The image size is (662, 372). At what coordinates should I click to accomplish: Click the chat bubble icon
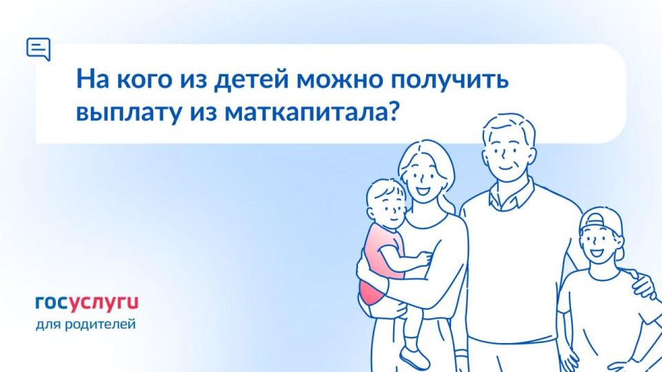(38, 49)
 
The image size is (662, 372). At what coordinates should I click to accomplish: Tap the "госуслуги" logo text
(87, 302)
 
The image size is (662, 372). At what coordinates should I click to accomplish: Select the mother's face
(421, 178)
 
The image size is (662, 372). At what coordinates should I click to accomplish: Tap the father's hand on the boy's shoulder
(643, 284)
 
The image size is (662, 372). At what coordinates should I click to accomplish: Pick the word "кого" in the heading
(136, 79)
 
